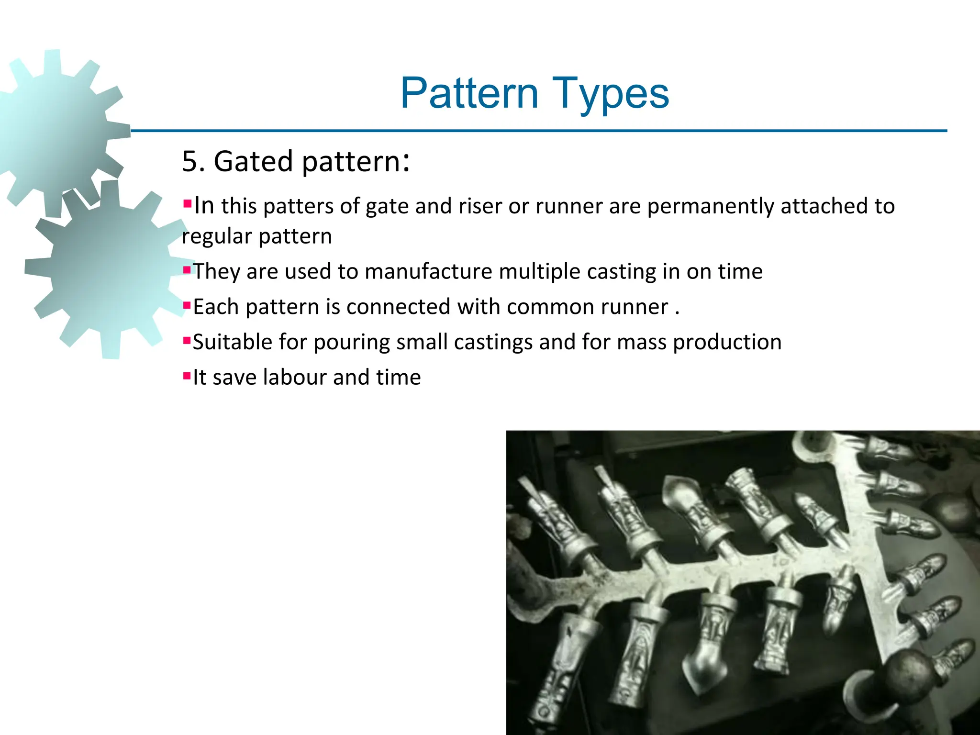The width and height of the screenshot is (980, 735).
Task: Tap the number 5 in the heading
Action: click(x=190, y=161)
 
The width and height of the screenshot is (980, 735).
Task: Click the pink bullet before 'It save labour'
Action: click(x=187, y=376)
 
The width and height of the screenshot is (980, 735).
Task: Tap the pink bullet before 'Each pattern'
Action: click(x=187, y=305)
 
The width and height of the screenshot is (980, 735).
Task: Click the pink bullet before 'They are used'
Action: click(x=187, y=270)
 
